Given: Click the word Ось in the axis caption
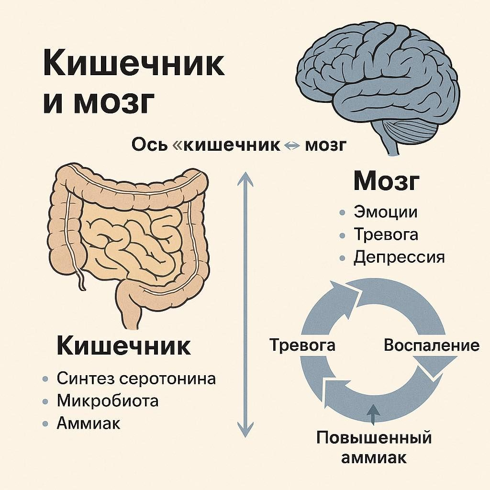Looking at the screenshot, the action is (149, 145).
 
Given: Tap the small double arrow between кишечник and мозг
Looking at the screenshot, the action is (292, 146).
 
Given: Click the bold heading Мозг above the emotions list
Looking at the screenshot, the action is (386, 181).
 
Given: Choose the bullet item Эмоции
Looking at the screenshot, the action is (385, 212).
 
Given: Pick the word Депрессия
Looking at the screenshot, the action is (399, 257).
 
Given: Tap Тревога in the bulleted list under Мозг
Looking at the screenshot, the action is (386, 234).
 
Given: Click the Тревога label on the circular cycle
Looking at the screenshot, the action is (302, 345).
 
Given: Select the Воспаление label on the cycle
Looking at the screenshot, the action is (432, 345).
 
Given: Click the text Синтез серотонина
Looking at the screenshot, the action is (136, 379).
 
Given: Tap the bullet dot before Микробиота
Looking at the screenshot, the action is (45, 401).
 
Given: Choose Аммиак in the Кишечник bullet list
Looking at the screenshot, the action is (89, 424).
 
